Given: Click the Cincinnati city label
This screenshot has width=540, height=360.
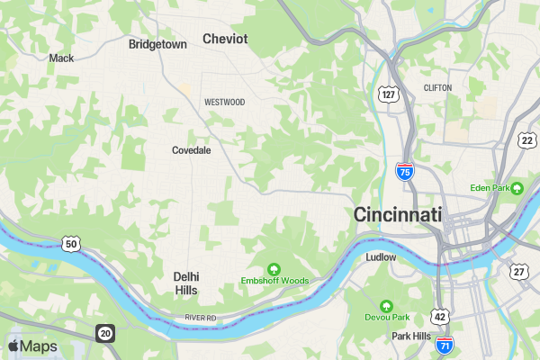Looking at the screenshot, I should [398, 215].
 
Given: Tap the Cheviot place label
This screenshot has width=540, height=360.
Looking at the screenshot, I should [225, 39].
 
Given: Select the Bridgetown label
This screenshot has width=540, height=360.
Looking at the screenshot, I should [157, 44].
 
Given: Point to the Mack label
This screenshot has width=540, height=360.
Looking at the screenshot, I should [61, 58].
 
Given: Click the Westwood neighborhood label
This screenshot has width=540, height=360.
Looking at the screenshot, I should [224, 103].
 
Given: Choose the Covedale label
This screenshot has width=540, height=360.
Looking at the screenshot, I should [191, 150].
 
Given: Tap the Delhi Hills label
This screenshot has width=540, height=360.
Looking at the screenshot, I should [186, 283].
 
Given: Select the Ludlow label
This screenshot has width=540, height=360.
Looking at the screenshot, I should [382, 257].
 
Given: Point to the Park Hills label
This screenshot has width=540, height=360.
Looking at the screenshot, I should [411, 336].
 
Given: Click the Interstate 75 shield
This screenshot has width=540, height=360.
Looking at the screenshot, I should [405, 171].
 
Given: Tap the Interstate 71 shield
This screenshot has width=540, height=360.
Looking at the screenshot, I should [444, 344].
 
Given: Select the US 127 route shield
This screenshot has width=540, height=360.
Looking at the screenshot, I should [388, 94].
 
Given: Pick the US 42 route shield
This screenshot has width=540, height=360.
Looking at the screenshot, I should [439, 317].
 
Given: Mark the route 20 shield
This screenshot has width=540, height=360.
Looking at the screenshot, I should [105, 334].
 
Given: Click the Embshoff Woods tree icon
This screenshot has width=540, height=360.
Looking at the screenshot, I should [274, 268].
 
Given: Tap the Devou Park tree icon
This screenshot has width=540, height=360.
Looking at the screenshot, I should [387, 306].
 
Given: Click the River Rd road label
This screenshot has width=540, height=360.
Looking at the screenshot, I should [201, 318].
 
